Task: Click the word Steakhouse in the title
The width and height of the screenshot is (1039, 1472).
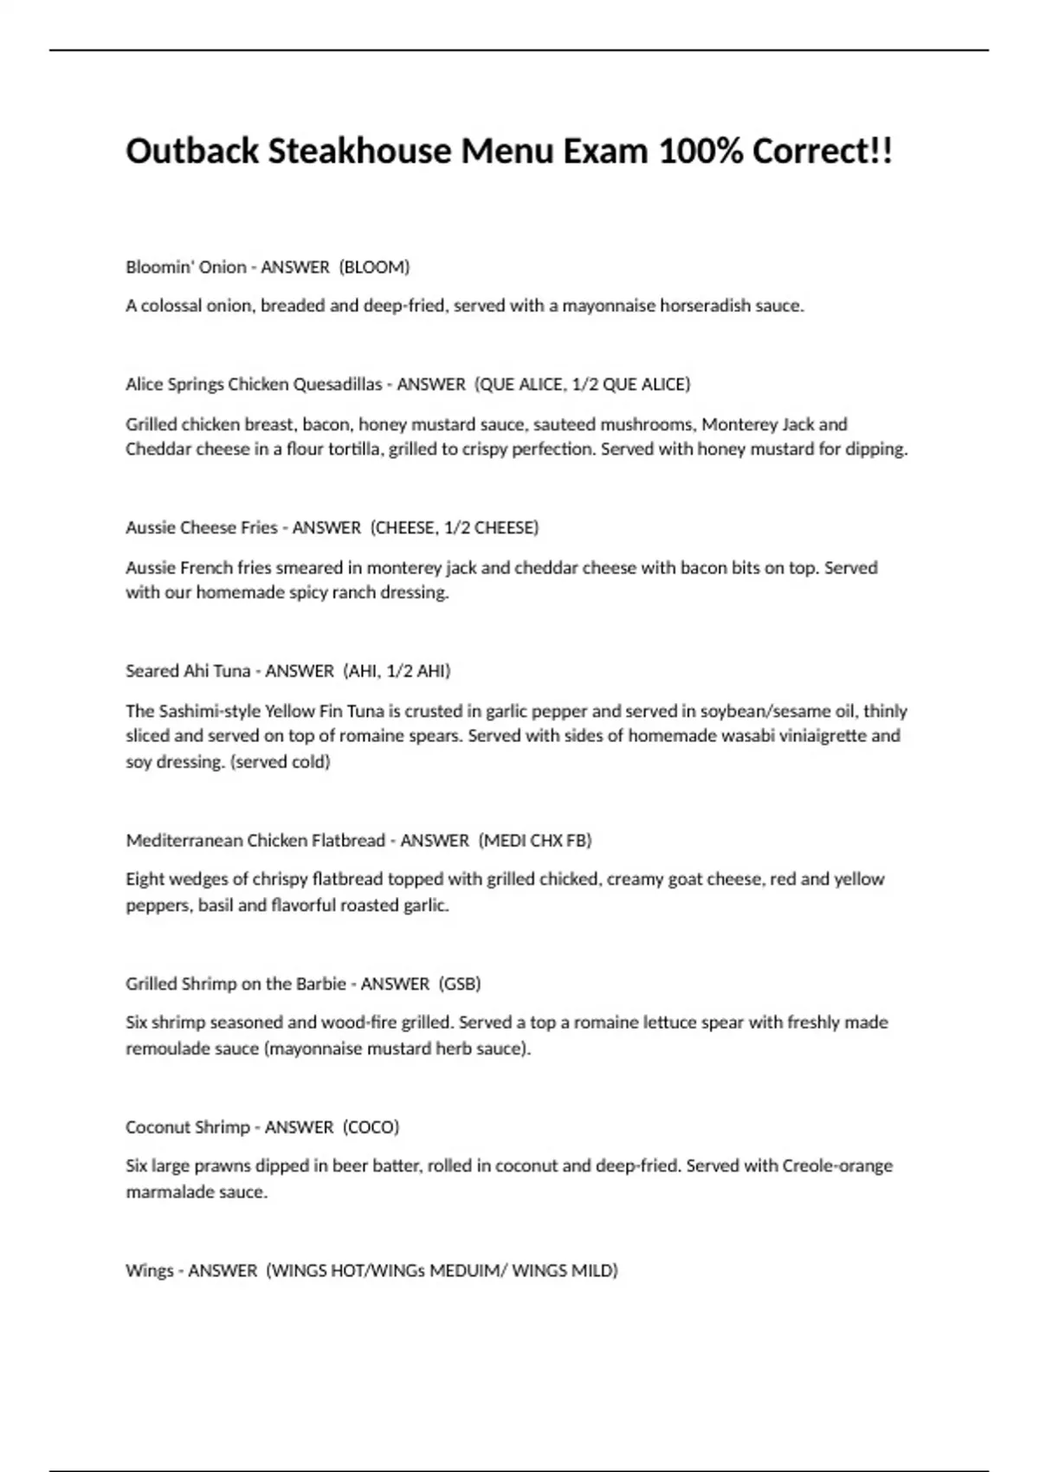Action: click(359, 152)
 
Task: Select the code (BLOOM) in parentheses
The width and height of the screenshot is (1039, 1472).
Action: click(375, 267)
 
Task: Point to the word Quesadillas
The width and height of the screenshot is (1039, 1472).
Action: click(338, 384)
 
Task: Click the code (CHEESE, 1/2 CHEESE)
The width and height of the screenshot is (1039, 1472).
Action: click(455, 527)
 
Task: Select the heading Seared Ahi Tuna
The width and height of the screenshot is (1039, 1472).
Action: click(188, 671)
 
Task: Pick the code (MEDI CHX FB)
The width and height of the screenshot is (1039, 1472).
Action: click(535, 840)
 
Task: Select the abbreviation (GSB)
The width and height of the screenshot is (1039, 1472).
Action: click(460, 984)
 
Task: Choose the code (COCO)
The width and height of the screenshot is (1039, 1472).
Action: click(371, 1127)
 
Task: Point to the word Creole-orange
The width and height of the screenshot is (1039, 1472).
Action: click(837, 1165)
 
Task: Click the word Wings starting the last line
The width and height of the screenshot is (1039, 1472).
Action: click(149, 1270)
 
